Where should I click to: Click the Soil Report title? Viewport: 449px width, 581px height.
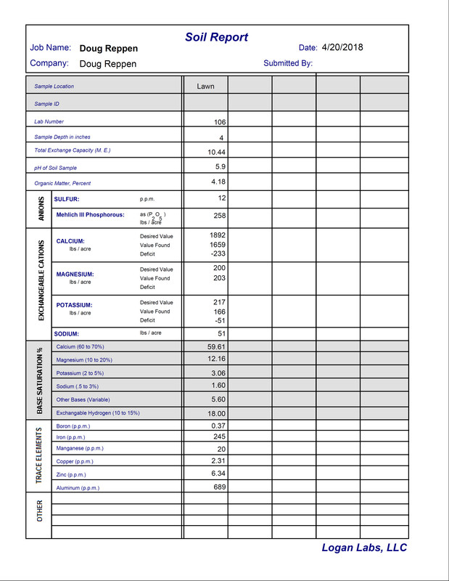(216, 38)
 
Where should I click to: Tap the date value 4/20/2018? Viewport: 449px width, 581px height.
(342, 48)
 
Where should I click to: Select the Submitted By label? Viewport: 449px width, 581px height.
(288, 63)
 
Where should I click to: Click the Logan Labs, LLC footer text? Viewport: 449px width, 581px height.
(364, 548)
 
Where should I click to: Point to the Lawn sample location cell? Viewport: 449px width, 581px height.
(205, 86)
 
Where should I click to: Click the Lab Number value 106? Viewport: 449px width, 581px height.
(220, 122)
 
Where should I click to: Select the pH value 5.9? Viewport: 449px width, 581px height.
(221, 167)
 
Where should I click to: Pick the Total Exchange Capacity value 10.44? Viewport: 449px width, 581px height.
(217, 152)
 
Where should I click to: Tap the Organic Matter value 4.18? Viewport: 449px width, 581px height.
(218, 182)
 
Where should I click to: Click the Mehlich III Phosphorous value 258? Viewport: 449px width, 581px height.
(219, 216)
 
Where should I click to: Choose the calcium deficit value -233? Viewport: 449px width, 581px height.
(218, 254)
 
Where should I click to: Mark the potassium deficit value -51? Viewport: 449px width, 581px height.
(220, 320)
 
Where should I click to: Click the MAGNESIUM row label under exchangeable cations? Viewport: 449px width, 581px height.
(75, 275)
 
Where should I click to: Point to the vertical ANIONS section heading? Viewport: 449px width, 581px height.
(41, 208)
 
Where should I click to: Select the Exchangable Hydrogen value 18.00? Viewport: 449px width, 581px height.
(217, 413)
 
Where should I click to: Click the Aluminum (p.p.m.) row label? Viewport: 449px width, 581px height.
(78, 488)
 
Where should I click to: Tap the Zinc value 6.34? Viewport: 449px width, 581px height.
(218, 474)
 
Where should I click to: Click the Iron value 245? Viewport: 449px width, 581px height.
(219, 436)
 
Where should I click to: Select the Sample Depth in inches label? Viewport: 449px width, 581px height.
(62, 137)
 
